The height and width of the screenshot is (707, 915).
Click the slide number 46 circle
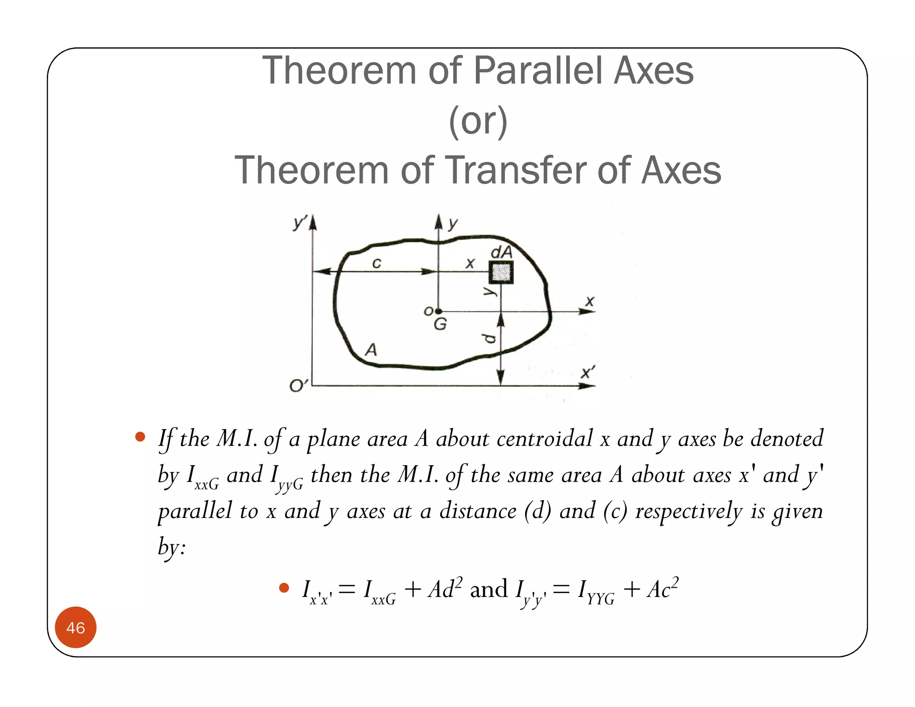pos(76,627)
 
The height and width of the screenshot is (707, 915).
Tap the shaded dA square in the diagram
pos(501,272)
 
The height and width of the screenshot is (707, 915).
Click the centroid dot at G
pos(438,311)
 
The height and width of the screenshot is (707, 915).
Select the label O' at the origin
pos(298,385)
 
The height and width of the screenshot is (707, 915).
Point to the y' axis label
pos(300,222)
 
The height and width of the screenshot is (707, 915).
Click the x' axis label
pos(588,372)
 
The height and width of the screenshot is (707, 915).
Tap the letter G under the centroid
pos(440,324)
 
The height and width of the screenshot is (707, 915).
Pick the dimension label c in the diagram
pos(377,263)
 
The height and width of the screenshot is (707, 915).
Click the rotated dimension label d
pos(490,338)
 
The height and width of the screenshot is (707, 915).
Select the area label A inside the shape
pos(371,349)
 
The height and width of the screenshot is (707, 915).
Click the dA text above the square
pos(501,252)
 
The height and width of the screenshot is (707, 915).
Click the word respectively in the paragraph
pos(688,511)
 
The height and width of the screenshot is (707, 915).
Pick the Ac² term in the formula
pos(663,589)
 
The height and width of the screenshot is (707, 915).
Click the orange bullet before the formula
pos(284,588)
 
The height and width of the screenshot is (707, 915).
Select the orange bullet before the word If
pos(140,437)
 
